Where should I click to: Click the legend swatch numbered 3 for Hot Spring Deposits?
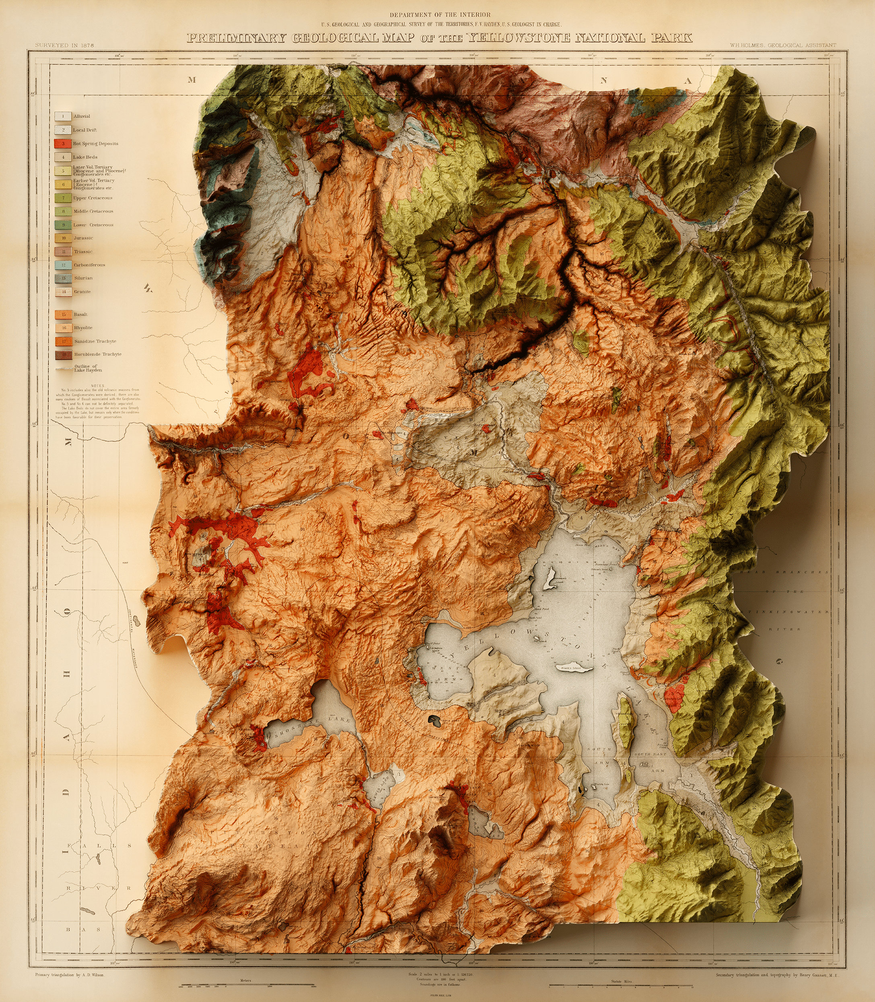63,144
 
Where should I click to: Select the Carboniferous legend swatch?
63,265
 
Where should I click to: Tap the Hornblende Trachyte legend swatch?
63,354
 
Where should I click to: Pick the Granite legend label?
82,292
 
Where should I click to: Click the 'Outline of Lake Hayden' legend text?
88,368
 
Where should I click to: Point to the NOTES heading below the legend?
97,386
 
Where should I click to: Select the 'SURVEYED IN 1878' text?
64,45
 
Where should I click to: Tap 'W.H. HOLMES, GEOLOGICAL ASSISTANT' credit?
783,45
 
